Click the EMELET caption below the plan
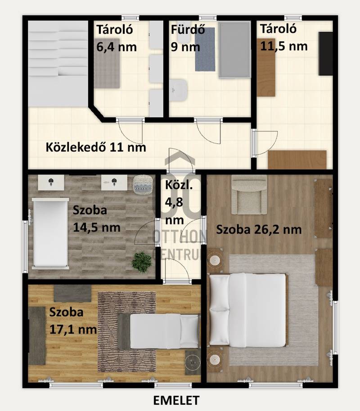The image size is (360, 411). tap(176, 400)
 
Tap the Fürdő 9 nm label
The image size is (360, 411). tap(188, 38)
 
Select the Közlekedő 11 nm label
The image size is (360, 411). tap(96, 147)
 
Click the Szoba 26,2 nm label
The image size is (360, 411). tap(259, 230)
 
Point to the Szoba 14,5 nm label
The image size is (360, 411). tap(97, 219)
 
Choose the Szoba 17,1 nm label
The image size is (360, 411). tap(73, 321)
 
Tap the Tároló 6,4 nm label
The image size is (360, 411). tap(116, 38)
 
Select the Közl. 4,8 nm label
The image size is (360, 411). tap(179, 202)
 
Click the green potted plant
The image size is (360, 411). tap(142, 262)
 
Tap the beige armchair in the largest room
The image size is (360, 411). tap(249, 195)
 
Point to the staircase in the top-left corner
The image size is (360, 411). tap(58, 64)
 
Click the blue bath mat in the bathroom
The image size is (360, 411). tap(205, 49)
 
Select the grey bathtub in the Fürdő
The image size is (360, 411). tap(234, 50)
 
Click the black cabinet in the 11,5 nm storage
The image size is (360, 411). tap(325, 54)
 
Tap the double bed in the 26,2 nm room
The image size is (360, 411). tap(248, 309)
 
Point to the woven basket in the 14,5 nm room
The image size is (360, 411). tap(143, 184)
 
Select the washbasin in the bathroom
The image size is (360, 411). tap(178, 90)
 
